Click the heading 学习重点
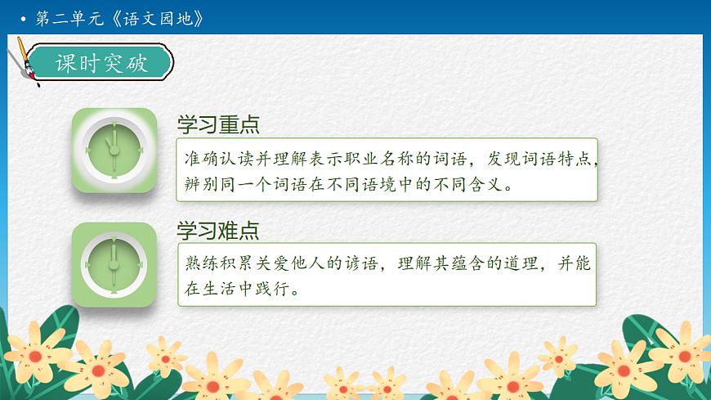point(218,125)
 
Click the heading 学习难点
point(218,230)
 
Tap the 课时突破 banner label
point(101,63)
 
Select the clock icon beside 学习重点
point(114,151)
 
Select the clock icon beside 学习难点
point(114,264)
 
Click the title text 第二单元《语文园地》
point(119,18)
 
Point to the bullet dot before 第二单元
point(23,19)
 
